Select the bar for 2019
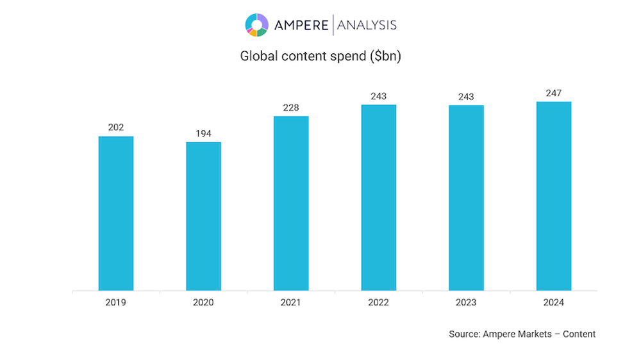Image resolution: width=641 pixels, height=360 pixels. coord(116,213)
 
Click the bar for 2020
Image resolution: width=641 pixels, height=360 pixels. coord(203,217)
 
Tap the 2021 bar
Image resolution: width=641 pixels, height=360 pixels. coord(291,204)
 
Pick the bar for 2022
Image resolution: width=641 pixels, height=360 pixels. coord(378,198)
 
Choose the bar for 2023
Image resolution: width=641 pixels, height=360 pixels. coord(466,198)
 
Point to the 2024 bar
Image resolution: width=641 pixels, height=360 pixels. coord(554,196)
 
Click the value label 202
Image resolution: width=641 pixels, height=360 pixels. coord(116,127)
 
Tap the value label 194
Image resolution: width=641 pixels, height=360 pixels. coord(203,133)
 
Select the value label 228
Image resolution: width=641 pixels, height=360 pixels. coord(291,108)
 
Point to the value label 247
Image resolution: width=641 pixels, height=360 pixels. coord(554,94)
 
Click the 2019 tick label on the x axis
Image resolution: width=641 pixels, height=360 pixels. coord(116,302)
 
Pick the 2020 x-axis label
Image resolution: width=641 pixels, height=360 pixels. coord(203,302)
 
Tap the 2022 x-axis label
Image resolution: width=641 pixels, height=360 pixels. coord(378,302)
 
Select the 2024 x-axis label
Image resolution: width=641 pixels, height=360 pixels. coord(554,302)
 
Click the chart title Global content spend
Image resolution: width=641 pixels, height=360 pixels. coord(320,56)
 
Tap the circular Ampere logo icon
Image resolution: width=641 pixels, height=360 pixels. coord(256,25)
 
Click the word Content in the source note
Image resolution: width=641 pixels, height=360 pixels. coord(579,334)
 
